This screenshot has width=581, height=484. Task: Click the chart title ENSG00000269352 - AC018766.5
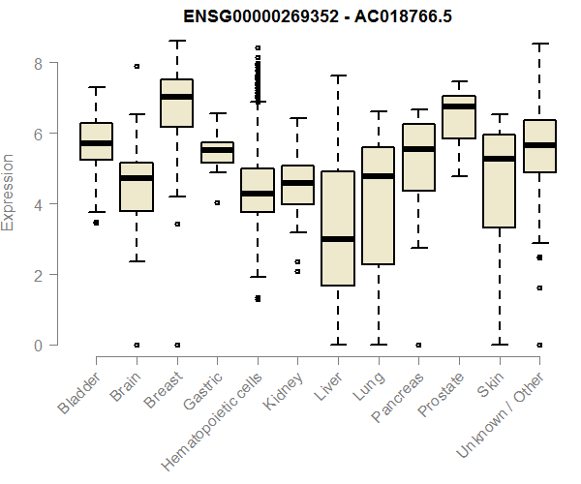[x=290, y=16]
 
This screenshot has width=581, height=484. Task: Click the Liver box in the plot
[x=337, y=228]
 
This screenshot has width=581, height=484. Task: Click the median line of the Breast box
[x=176, y=97]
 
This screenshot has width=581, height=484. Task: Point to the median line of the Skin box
[x=499, y=159]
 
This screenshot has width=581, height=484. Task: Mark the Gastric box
[x=217, y=152]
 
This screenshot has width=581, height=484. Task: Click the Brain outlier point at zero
[x=137, y=345]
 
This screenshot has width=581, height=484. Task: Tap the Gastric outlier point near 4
[x=217, y=203]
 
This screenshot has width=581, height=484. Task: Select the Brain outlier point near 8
[x=137, y=67]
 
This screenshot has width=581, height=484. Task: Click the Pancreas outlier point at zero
[x=418, y=345]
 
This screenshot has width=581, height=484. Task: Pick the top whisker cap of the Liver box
[x=337, y=76]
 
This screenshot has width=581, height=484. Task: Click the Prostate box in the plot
[x=458, y=117]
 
